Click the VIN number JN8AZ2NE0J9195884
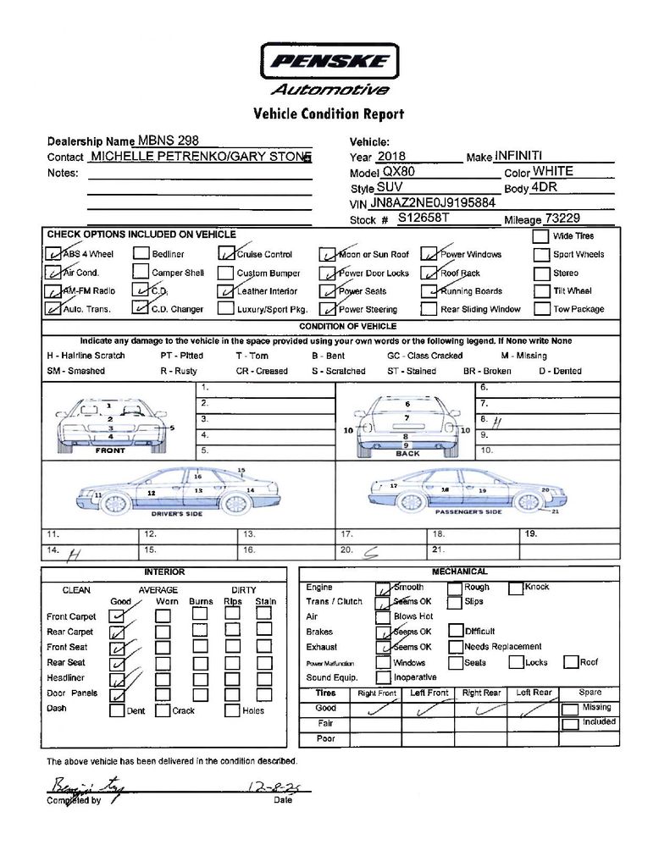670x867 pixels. click(x=433, y=203)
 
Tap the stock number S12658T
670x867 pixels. click(x=424, y=218)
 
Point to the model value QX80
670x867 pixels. click(x=398, y=172)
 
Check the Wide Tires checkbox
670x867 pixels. click(x=540, y=236)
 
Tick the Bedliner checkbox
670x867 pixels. click(x=141, y=253)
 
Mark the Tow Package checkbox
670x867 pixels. click(x=540, y=308)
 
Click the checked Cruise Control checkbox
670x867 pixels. click(x=225, y=253)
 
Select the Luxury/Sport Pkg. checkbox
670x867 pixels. click(x=224, y=308)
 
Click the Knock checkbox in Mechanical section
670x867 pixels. click(x=516, y=588)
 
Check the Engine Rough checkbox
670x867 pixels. click(x=454, y=588)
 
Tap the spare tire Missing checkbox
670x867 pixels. click(x=571, y=709)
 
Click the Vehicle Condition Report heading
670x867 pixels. click(x=329, y=114)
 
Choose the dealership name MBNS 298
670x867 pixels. click(x=169, y=141)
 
